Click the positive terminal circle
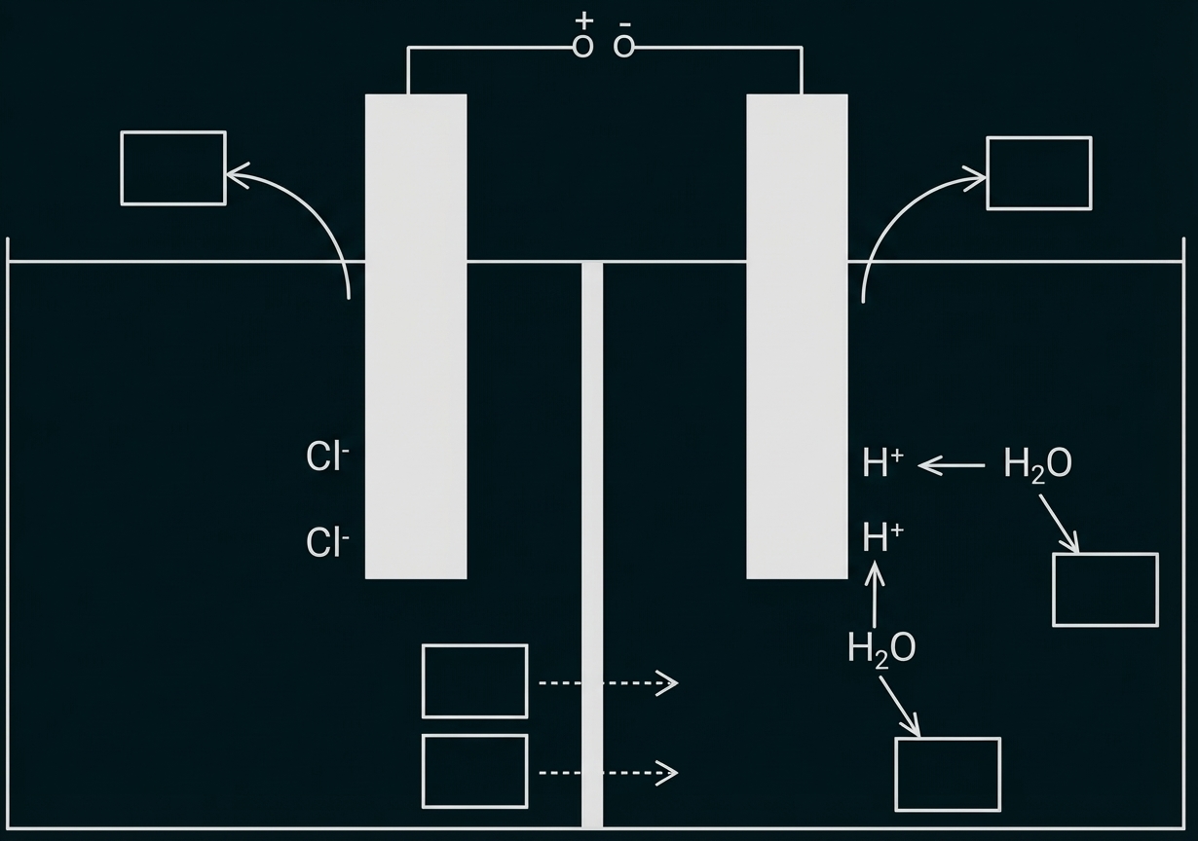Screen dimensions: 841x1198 [582, 46]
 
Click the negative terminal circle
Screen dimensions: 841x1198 [624, 46]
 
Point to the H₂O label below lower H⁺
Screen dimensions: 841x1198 [881, 648]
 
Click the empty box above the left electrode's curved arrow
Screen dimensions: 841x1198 [173, 168]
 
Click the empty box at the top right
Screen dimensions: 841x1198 [1039, 173]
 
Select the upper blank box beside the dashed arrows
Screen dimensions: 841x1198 [474, 681]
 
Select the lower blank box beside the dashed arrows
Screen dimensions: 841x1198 [474, 772]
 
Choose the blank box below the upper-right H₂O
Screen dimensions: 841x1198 [1105, 590]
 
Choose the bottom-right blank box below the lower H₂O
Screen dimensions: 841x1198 [948, 774]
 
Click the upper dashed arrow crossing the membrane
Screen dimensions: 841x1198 [608, 683]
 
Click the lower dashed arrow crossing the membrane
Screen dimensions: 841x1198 [608, 773]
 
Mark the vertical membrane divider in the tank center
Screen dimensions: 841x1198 [592, 545]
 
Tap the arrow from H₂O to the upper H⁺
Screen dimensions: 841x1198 [952, 466]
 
